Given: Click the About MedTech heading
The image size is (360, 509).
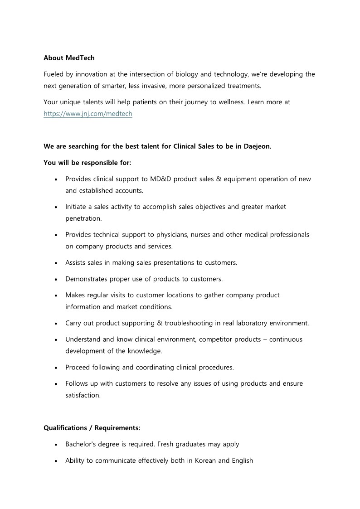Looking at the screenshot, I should (69, 58).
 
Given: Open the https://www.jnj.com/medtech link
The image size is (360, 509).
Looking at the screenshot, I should (88, 114).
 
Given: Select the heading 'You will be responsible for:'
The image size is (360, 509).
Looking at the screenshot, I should (87, 162).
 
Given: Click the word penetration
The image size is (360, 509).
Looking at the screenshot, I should (83, 218).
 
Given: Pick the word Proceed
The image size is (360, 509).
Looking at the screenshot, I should (78, 367).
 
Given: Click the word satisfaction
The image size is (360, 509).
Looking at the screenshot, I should (83, 395).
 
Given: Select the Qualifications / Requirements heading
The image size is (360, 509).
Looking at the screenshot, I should (92, 428).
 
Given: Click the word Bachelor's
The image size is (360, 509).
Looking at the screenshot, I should (82, 444).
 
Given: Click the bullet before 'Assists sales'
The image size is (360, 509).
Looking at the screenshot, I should (55, 263).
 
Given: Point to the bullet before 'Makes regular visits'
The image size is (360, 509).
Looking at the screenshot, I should (55, 296).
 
